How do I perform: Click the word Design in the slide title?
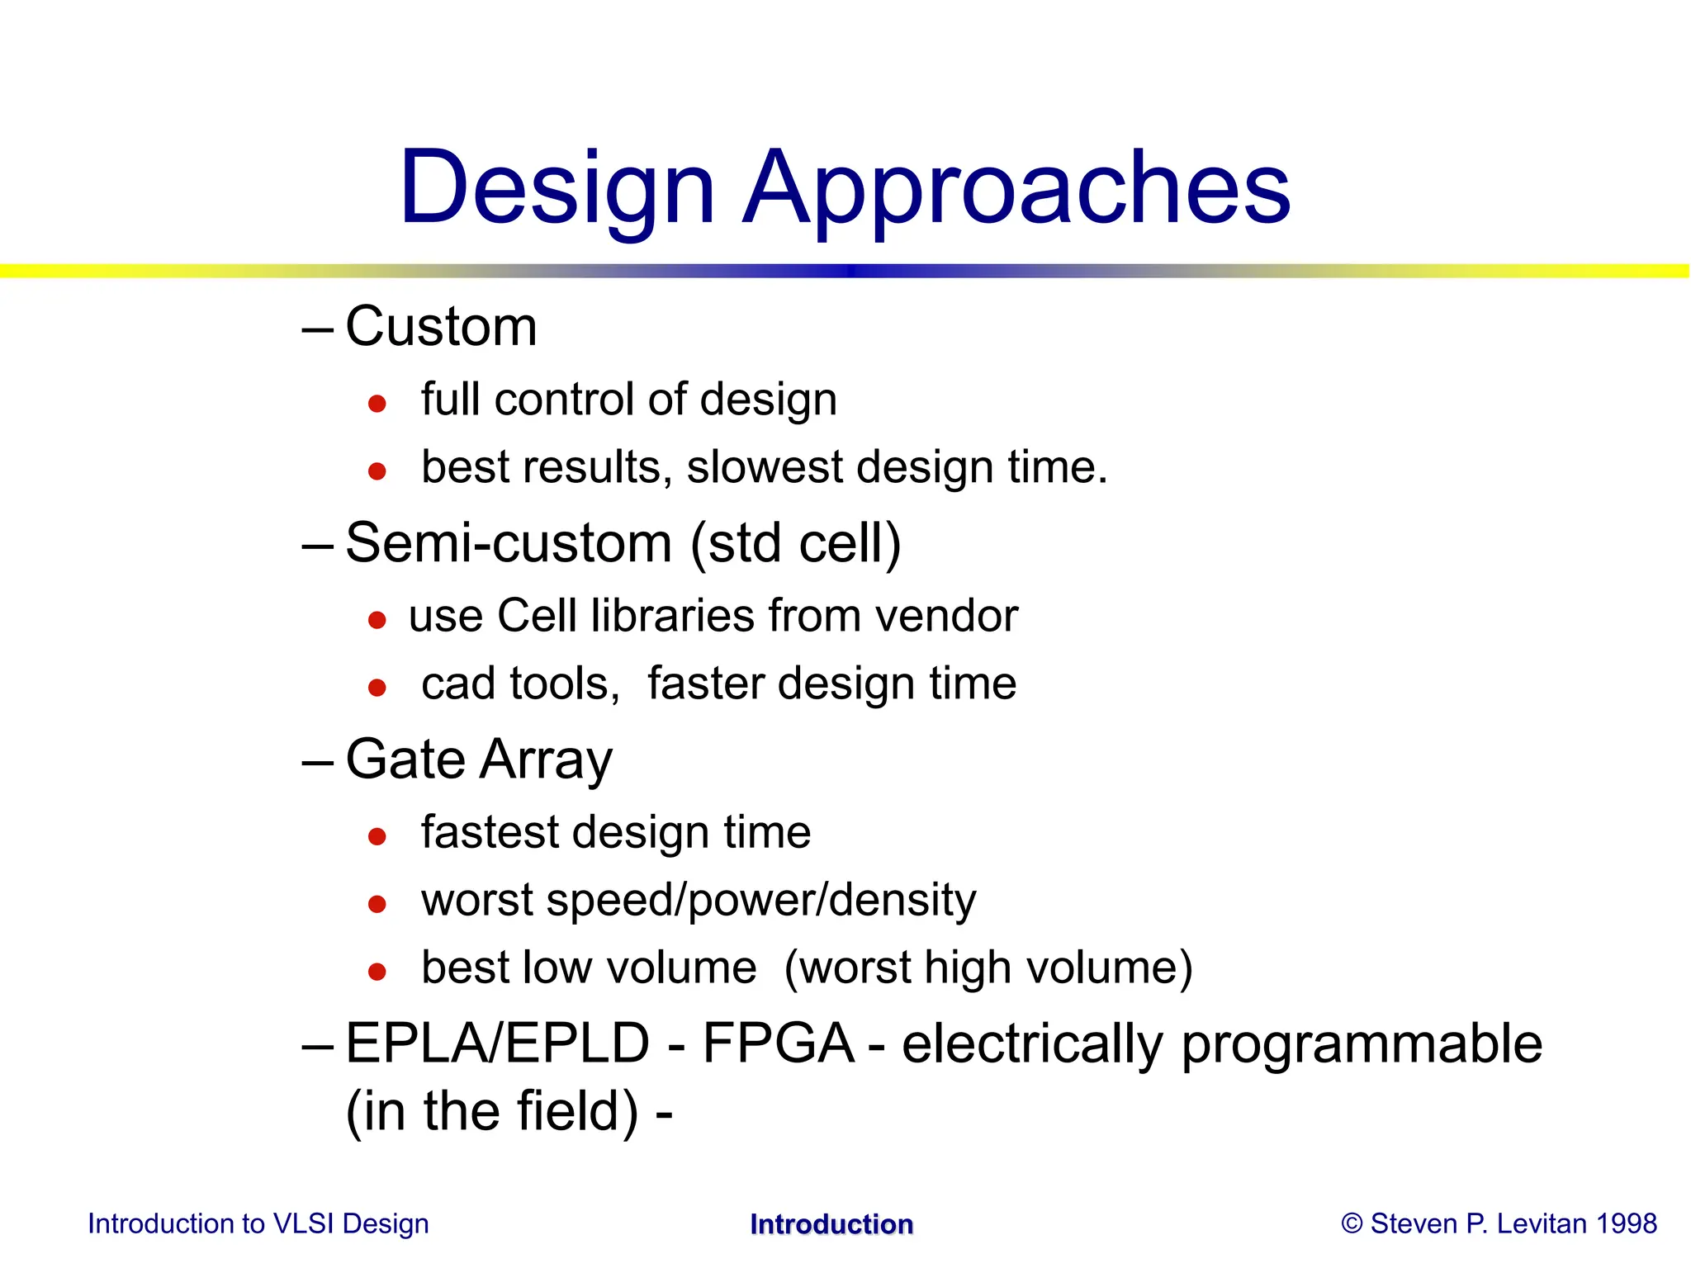pos(557,188)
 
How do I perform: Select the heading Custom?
pos(441,327)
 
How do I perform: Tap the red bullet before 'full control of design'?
pos(377,404)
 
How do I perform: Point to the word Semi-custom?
pos(509,544)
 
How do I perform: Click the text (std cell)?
pos(795,544)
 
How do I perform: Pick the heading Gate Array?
pos(479,759)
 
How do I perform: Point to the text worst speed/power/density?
pos(699,900)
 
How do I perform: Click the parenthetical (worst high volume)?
pos(988,968)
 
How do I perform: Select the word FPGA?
pos(778,1043)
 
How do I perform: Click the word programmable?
pos(1362,1045)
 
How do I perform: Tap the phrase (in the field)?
pos(492,1111)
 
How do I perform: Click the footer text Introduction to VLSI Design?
pos(258,1223)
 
